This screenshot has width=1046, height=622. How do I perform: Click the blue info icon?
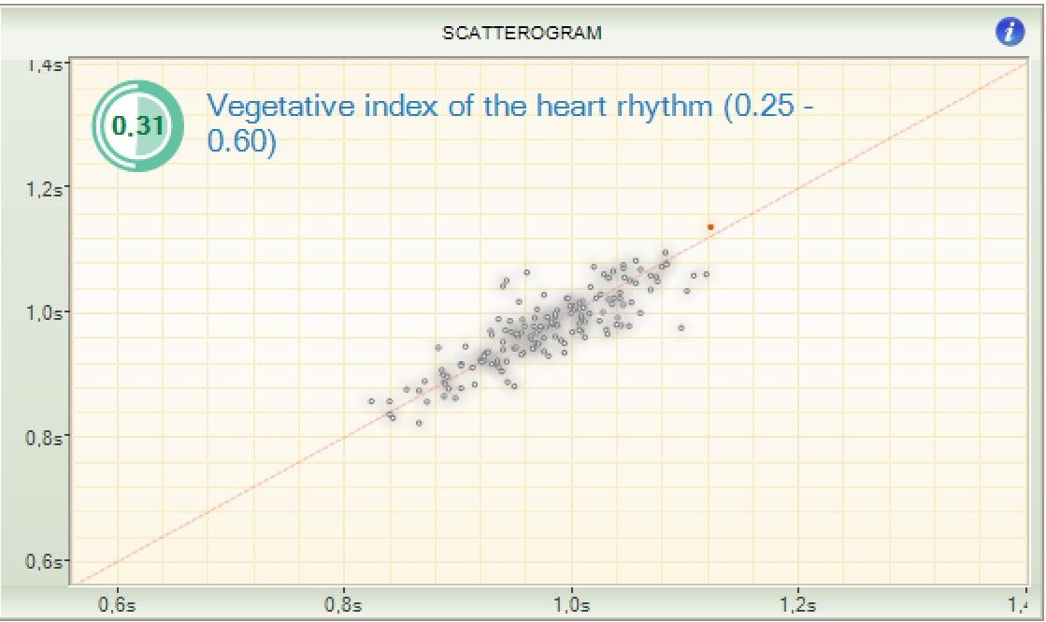click(x=1010, y=33)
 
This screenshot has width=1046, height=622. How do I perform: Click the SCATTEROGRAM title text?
click(x=522, y=33)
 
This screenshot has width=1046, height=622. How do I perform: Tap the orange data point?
click(x=710, y=226)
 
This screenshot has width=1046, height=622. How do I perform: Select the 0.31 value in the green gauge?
click(x=137, y=125)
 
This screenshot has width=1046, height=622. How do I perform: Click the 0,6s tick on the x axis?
click(x=117, y=604)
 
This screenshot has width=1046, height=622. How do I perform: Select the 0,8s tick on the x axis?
click(x=344, y=604)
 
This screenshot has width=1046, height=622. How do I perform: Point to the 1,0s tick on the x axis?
click(x=570, y=604)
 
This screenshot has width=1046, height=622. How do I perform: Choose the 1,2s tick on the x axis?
click(x=797, y=604)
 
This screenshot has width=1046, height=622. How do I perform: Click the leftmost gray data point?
click(x=371, y=400)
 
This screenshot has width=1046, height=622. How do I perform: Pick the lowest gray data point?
click(x=419, y=423)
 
